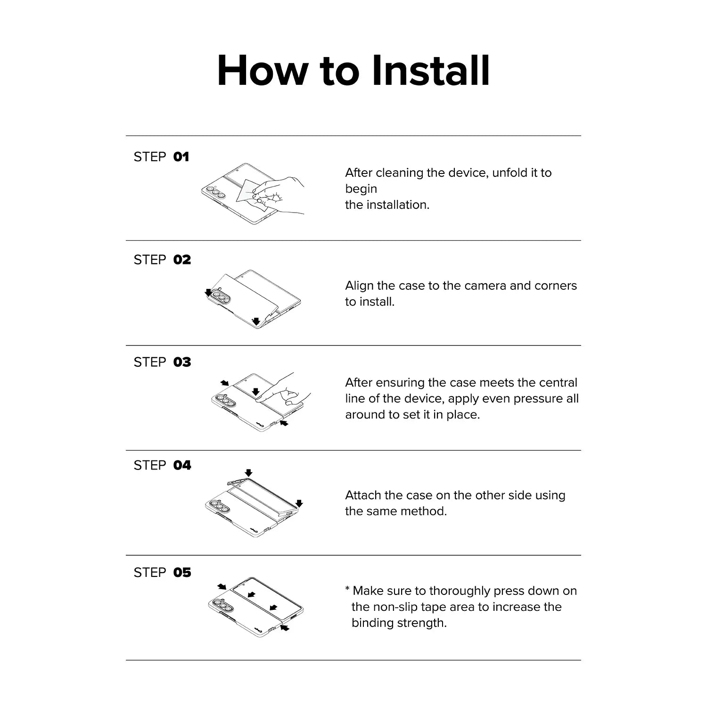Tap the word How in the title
pos(262,71)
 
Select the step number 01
pos(181,156)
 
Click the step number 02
pos(182,260)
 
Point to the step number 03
pos(182,362)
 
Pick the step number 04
pos(182,465)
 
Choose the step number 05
pos(182,572)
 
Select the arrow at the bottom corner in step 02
pos(256,321)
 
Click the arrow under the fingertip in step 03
pos(255,392)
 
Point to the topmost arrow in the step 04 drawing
pos(249,472)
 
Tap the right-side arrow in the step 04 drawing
pos(299,503)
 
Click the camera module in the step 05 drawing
pos(222,606)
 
